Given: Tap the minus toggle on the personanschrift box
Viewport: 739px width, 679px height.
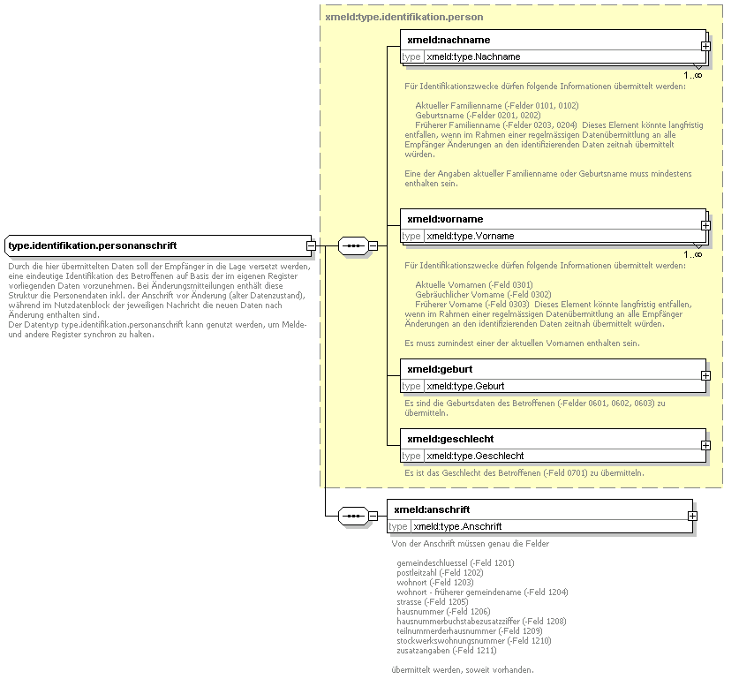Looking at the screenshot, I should (x=311, y=245).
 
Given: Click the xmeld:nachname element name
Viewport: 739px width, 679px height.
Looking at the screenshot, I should (x=449, y=40).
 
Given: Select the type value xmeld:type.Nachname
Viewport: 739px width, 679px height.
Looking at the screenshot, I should (x=473, y=57).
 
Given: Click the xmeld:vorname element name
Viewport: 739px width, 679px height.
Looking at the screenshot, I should (x=445, y=219).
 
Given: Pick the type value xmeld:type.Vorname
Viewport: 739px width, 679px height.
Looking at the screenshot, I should (x=470, y=236).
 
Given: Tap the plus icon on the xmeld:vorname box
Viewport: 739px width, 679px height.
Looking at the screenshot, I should (x=706, y=225).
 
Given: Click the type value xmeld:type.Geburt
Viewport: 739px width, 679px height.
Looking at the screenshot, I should (x=465, y=386).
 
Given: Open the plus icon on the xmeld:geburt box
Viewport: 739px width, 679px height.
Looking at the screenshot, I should (x=705, y=375).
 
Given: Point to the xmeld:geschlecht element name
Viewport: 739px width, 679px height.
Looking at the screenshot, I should (x=449, y=439).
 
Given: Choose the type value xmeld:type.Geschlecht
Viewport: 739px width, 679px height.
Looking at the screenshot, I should (x=475, y=456).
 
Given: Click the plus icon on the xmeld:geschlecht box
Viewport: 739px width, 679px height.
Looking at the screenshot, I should (x=705, y=446).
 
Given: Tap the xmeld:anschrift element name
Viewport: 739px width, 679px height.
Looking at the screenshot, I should (x=432, y=509).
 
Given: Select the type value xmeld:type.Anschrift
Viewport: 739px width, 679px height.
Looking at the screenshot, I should (x=457, y=526).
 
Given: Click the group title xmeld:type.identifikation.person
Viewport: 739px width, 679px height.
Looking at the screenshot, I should (x=404, y=17).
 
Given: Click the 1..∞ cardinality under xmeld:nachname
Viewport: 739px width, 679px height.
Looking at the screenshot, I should (x=692, y=75).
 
